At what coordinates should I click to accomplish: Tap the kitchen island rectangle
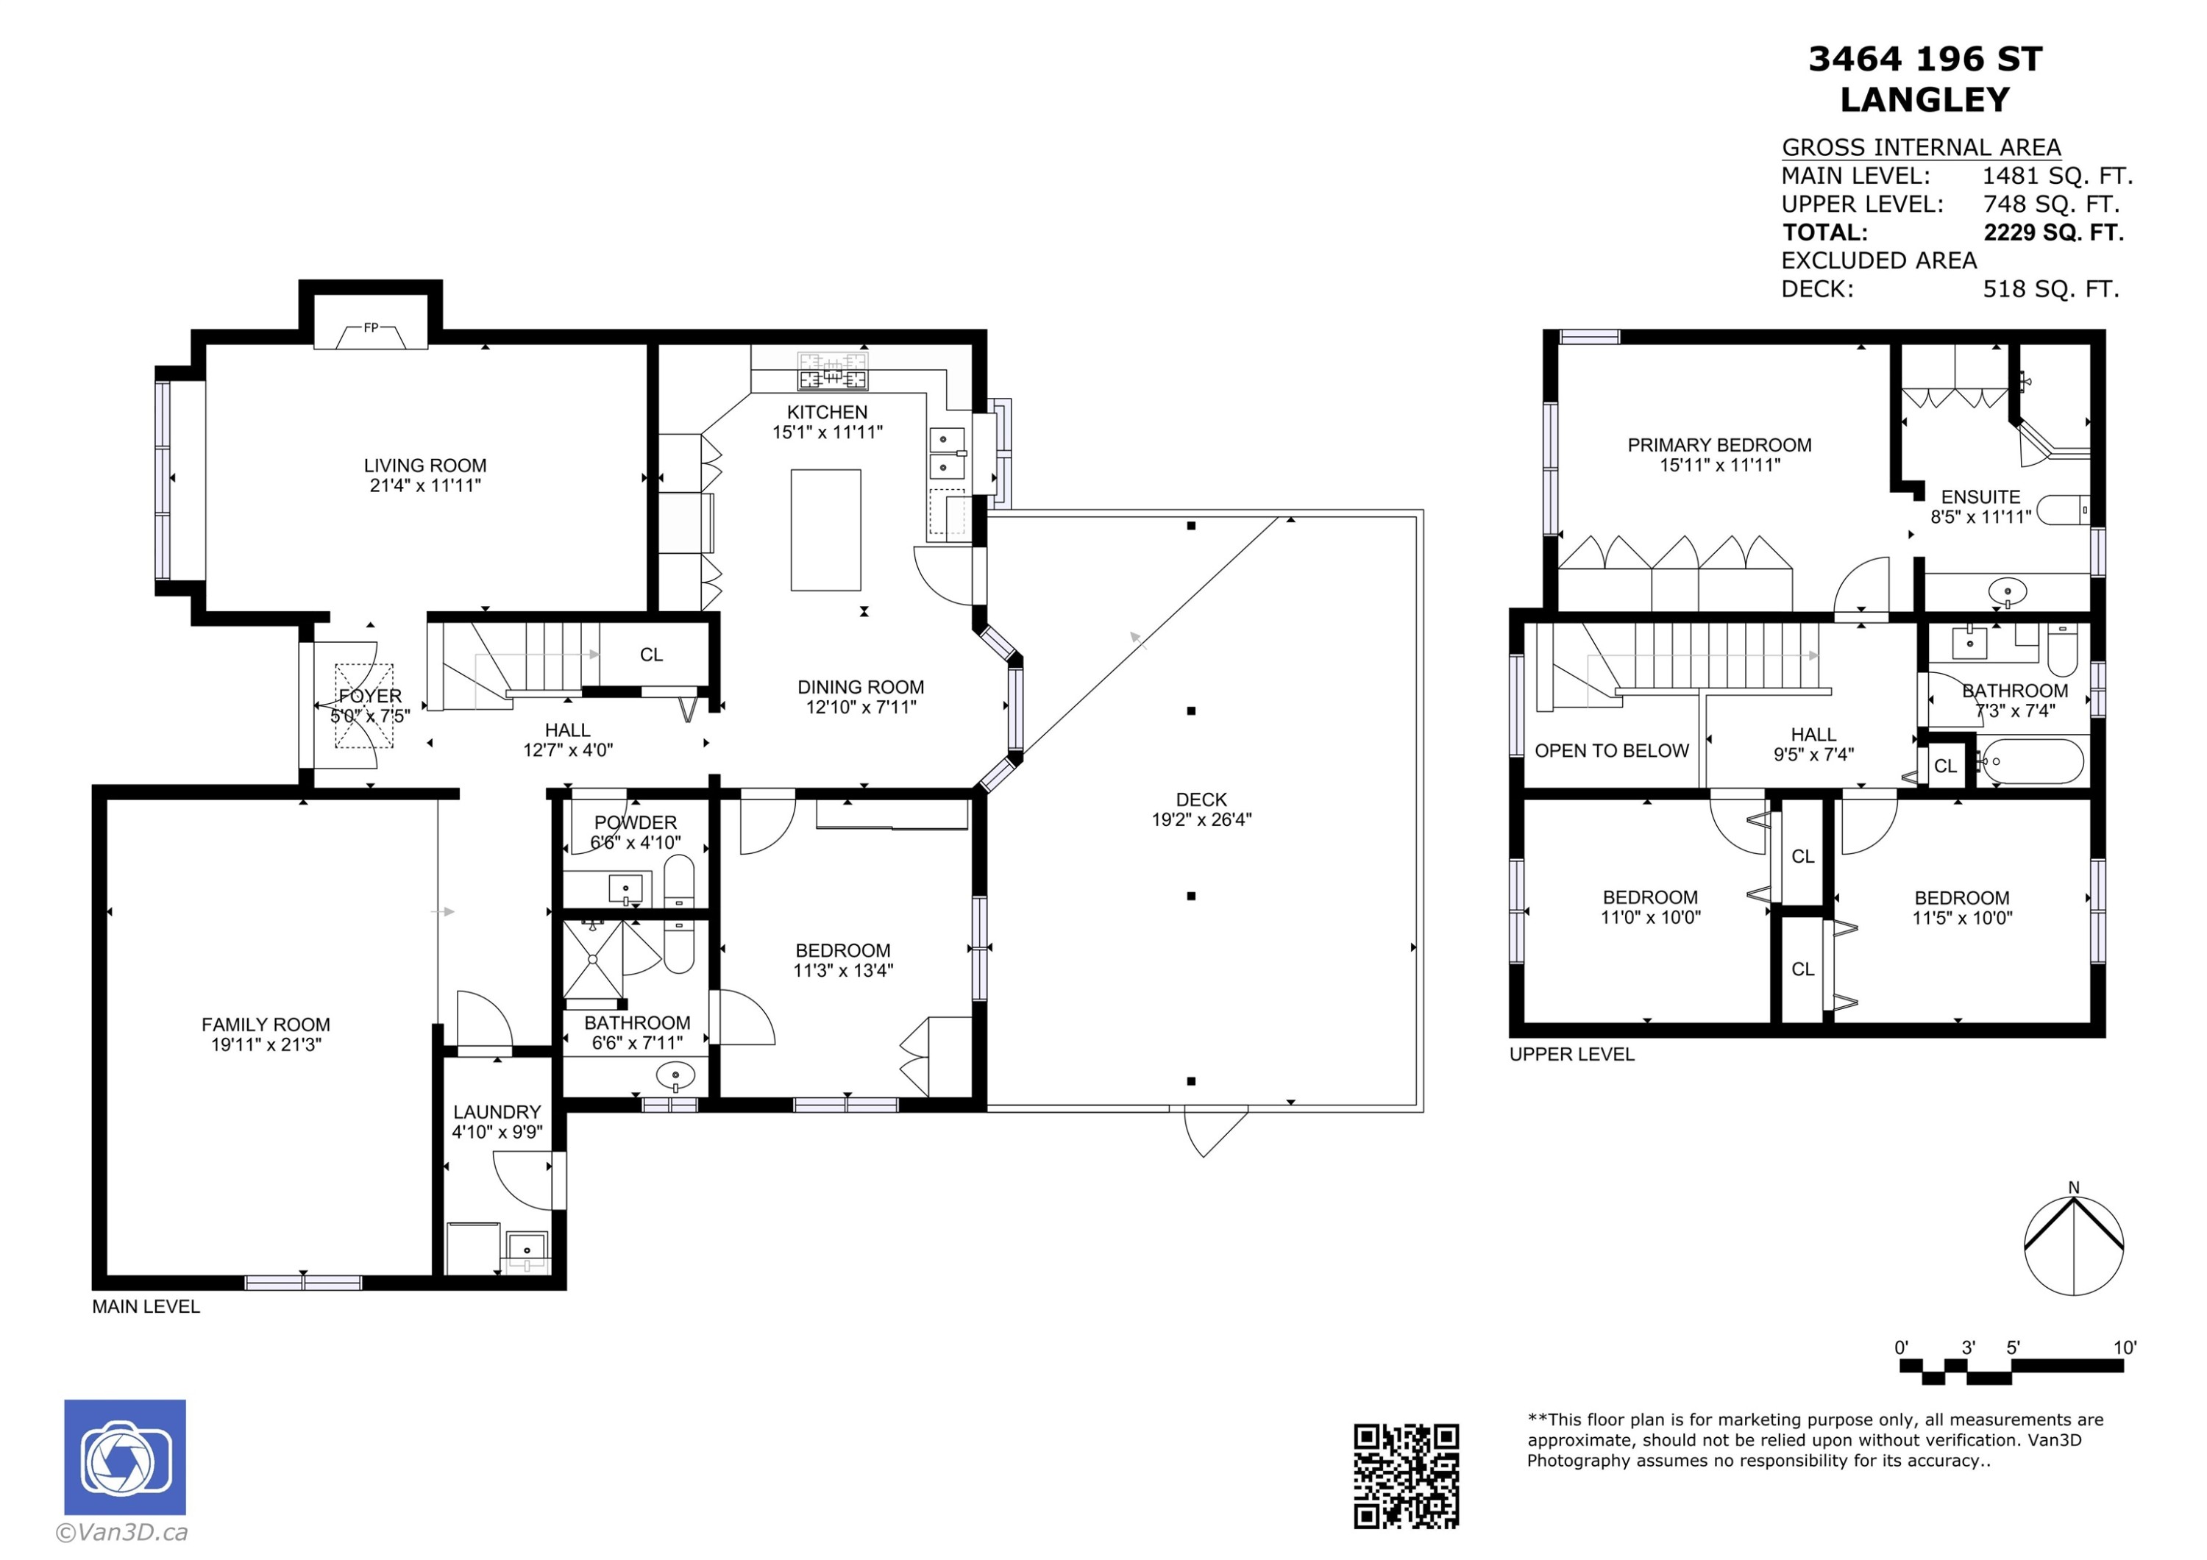pyautogui.click(x=825, y=530)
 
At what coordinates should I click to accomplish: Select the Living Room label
pyautogui.click(x=425, y=466)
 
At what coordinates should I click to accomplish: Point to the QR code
pyautogui.click(x=1407, y=1476)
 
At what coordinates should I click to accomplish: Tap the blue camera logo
pyautogui.click(x=125, y=1457)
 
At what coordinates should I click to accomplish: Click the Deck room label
pyautogui.click(x=1201, y=799)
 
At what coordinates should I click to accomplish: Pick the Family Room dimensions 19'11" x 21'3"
pyautogui.click(x=266, y=1045)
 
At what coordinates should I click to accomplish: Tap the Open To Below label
pyautogui.click(x=1611, y=751)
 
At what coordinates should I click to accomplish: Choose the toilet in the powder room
pyautogui.click(x=678, y=881)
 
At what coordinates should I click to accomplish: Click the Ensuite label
pyautogui.click(x=1980, y=497)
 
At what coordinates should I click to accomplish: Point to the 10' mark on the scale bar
pyautogui.click(x=2125, y=1347)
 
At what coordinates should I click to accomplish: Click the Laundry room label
pyautogui.click(x=497, y=1112)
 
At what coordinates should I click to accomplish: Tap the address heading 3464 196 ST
pyautogui.click(x=1925, y=60)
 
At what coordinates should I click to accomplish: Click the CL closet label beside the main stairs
pyautogui.click(x=652, y=655)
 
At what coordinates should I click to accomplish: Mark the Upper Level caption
pyautogui.click(x=1571, y=1055)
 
